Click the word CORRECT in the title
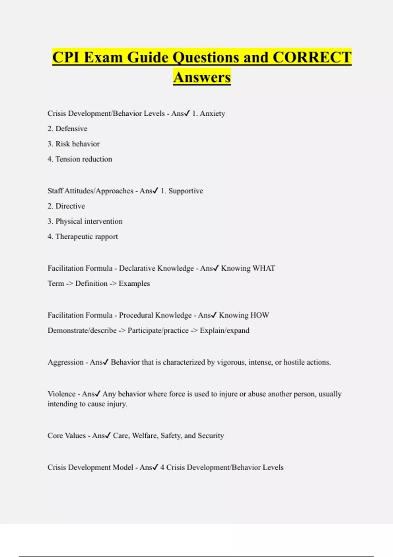(x=312, y=57)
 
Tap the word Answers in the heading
(x=202, y=77)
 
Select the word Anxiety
(x=212, y=113)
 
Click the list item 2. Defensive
(x=67, y=129)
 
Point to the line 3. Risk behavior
(x=73, y=144)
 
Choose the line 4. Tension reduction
(x=80, y=159)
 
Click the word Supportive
(x=186, y=191)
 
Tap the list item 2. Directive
(x=66, y=206)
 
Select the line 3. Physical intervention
(x=85, y=221)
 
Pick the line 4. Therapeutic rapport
(x=83, y=237)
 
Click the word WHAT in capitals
(x=264, y=268)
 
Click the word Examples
(x=134, y=284)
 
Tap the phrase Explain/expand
(x=225, y=331)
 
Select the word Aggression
(x=65, y=362)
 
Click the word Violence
(x=62, y=394)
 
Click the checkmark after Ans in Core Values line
(x=108, y=435)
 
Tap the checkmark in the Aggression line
(x=105, y=362)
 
